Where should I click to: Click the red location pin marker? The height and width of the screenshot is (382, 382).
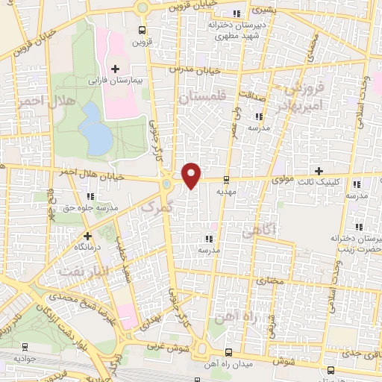(192, 175)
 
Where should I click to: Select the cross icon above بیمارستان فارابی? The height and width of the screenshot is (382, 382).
(114, 69)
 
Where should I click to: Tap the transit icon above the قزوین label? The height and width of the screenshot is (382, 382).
(142, 31)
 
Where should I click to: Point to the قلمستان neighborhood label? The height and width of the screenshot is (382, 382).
(201, 97)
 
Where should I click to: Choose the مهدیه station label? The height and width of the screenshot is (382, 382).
(226, 190)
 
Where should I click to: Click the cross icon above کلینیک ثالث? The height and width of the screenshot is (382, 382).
(320, 171)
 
